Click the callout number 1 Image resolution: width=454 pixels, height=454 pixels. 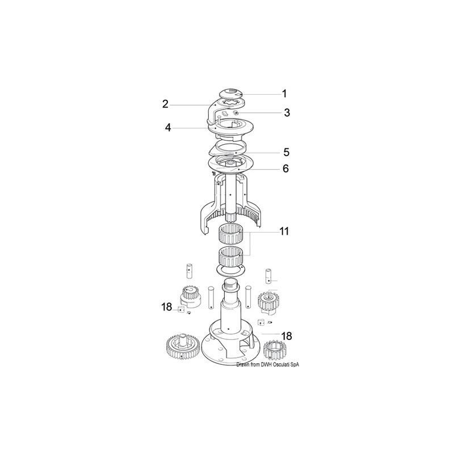[x=284, y=93]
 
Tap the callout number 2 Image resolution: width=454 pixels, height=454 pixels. [x=165, y=103]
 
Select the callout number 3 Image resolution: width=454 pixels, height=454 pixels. [x=287, y=112]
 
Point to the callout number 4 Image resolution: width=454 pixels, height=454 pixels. [x=168, y=128]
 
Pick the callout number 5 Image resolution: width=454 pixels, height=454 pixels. [x=287, y=152]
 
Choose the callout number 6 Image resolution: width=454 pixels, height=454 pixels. [x=286, y=169]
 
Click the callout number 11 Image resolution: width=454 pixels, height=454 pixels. [x=284, y=231]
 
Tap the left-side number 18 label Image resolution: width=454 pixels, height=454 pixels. [x=166, y=307]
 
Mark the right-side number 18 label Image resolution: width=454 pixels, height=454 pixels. [x=286, y=336]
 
